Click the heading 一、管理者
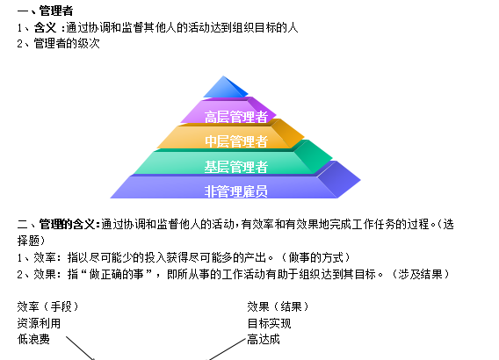click(45, 11)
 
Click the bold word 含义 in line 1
click(45, 28)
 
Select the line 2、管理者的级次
click(59, 43)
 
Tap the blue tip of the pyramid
click(225, 87)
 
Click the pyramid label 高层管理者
click(236, 117)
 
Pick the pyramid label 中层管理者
click(236, 141)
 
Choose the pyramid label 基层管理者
click(236, 167)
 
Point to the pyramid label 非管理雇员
click(236, 191)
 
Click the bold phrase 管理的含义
click(67, 224)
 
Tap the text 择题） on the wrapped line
click(32, 241)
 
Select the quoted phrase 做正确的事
click(116, 274)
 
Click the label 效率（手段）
click(47, 306)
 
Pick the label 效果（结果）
click(278, 306)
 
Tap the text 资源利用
click(39, 323)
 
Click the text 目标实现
click(269, 323)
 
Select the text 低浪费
click(33, 339)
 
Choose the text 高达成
click(264, 339)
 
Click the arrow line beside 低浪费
click(81, 349)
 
